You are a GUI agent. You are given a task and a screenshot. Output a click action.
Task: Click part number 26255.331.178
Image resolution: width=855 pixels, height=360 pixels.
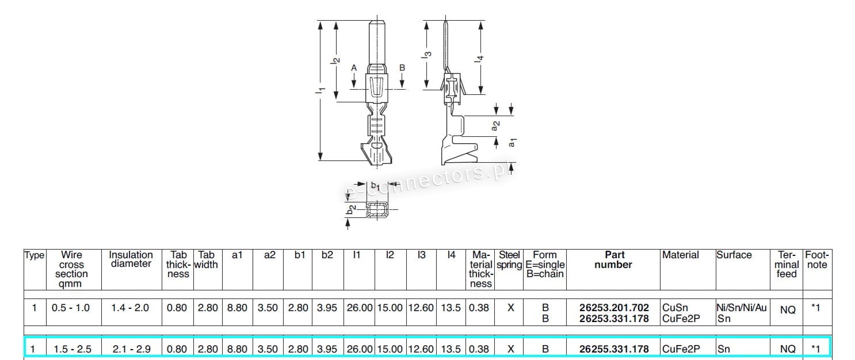tap(614, 349)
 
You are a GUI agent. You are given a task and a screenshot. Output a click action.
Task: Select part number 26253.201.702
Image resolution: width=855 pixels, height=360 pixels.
tap(614, 308)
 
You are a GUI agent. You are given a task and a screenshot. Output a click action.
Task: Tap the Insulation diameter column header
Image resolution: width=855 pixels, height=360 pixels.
tap(131, 259)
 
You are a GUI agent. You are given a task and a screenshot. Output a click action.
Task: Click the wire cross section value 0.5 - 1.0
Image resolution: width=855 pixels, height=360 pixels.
tap(71, 308)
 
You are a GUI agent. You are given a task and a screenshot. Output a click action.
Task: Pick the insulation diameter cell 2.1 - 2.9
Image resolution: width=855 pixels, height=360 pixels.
tap(131, 349)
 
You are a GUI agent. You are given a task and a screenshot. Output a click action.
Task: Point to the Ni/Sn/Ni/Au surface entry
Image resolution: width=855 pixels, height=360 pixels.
tap(742, 308)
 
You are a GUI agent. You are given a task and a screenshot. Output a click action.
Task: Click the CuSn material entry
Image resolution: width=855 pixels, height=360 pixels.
tap(675, 308)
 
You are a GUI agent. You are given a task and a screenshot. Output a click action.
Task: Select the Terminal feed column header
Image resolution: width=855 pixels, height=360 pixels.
tap(787, 265)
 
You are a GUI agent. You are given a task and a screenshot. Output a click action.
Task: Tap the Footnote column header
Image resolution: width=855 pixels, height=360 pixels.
tap(817, 260)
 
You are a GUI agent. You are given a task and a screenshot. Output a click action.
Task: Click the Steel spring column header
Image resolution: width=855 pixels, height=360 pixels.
tap(509, 260)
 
